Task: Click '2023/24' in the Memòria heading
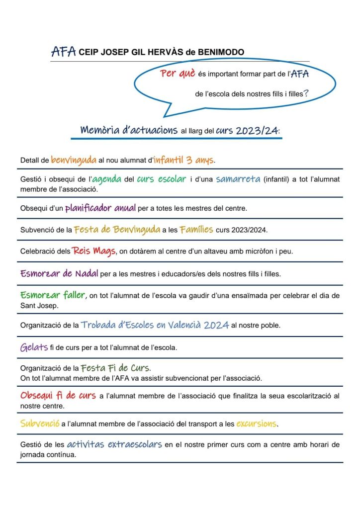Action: click(x=258, y=131)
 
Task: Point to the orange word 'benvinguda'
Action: click(x=74, y=160)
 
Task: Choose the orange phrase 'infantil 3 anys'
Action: click(x=184, y=160)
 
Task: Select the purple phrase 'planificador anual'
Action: click(x=100, y=207)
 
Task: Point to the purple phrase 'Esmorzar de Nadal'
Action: click(x=59, y=273)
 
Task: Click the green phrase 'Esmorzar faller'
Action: click(x=53, y=295)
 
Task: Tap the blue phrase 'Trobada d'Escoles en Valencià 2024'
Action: click(x=155, y=325)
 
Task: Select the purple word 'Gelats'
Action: click(x=33, y=347)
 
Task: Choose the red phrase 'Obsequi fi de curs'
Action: click(x=58, y=396)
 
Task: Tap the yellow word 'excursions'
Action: click(x=256, y=424)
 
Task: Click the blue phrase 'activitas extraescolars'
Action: click(x=114, y=444)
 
